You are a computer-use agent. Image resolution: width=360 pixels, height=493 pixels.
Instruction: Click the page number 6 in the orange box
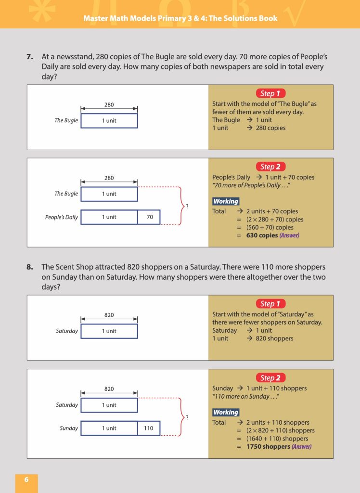click(x=26, y=480)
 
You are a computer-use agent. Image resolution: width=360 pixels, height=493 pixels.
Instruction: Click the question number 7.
click(x=29, y=57)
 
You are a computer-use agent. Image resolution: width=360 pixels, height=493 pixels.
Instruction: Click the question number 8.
click(x=29, y=267)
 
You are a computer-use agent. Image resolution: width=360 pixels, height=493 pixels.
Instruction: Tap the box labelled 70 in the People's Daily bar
click(x=149, y=217)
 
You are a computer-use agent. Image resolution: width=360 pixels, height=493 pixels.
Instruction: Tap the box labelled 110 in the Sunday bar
click(x=148, y=428)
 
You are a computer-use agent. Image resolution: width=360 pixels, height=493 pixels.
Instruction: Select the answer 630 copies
click(x=262, y=235)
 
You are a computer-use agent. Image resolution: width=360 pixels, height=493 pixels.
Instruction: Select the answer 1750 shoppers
click(x=268, y=446)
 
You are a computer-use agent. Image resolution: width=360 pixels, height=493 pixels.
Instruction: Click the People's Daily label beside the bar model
click(x=62, y=217)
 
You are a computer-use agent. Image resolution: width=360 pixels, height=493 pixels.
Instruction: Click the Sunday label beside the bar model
click(x=69, y=428)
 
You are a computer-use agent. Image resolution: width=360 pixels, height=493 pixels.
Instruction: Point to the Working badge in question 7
click(x=226, y=201)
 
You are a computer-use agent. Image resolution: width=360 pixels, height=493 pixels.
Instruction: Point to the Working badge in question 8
click(x=226, y=412)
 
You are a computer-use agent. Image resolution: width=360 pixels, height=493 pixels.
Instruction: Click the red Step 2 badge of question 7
click(x=270, y=167)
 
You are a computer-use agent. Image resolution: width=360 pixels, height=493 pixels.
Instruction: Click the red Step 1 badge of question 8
click(x=270, y=303)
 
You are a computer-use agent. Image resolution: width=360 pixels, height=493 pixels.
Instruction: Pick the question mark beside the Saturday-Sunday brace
click(x=187, y=417)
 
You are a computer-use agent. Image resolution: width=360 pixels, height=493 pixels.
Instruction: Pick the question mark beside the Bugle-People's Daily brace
click(x=187, y=206)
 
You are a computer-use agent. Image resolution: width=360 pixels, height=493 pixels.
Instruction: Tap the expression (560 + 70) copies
click(x=270, y=227)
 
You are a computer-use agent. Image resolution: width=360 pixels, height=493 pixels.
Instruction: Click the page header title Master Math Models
click(x=180, y=18)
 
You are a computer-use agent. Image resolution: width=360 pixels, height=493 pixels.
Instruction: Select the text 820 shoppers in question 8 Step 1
click(x=274, y=338)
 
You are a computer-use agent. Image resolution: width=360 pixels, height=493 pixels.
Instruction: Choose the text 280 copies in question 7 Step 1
click(x=270, y=128)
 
